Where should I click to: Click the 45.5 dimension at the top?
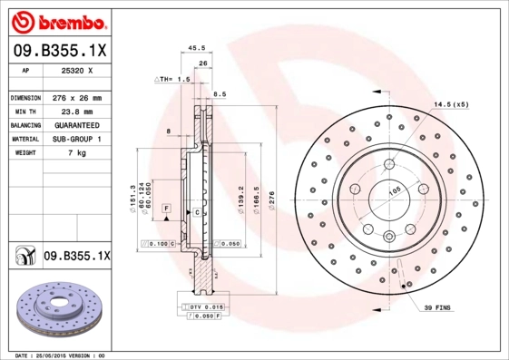(193, 49)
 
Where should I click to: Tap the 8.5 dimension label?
(219, 93)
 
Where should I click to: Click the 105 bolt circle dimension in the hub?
(395, 191)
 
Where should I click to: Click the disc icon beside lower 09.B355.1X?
(24, 257)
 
